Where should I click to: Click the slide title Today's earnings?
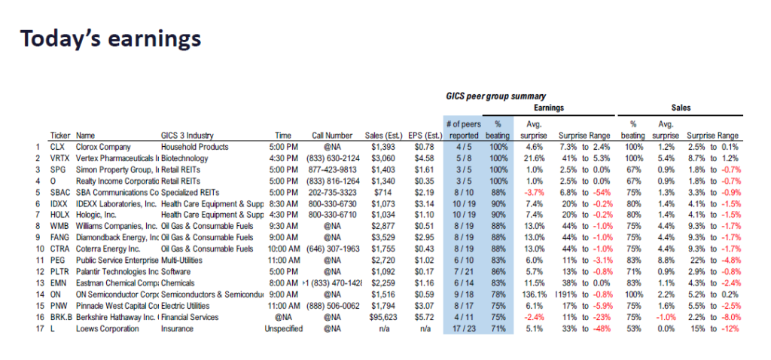110,38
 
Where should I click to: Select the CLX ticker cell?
58,147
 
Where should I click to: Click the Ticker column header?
60,136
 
